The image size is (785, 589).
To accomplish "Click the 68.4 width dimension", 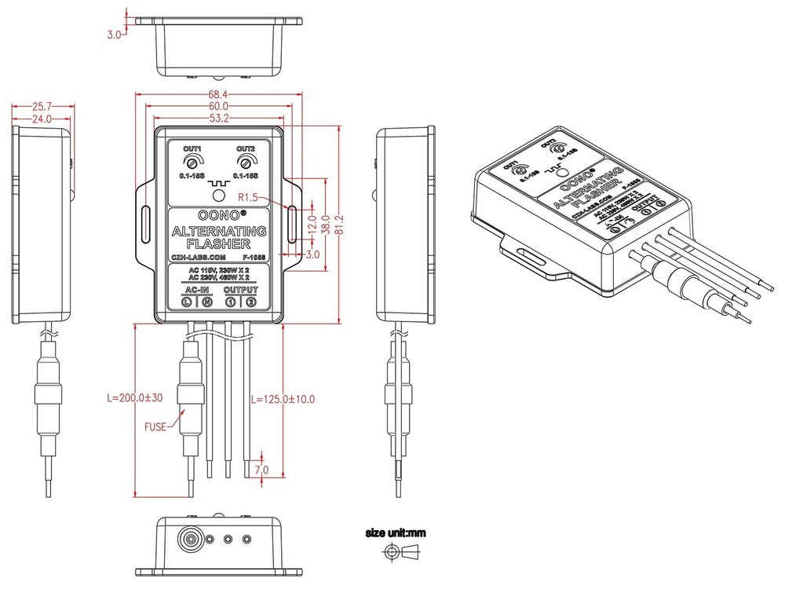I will click(x=218, y=94).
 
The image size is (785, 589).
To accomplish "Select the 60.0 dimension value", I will click(x=218, y=106).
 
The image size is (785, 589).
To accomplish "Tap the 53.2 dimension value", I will click(x=218, y=119).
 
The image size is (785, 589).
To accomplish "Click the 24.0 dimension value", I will click(x=41, y=119).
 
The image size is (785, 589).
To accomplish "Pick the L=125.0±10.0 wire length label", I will click(x=283, y=399).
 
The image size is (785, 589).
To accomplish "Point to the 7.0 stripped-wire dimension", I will click(x=261, y=470).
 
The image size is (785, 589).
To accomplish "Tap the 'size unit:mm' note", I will click(x=396, y=533).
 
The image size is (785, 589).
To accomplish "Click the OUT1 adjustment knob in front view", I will click(x=192, y=162).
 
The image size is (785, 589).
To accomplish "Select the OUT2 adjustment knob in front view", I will click(x=246, y=162).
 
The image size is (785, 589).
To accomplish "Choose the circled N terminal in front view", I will click(x=206, y=302).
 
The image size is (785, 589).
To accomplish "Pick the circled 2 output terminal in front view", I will click(x=250, y=302).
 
